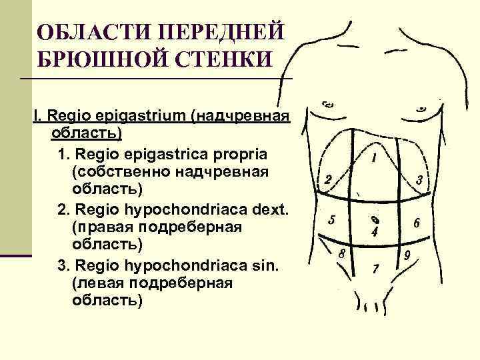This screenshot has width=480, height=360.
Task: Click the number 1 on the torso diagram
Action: coord(375,159)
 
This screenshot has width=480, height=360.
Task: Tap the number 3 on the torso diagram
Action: coord(419,179)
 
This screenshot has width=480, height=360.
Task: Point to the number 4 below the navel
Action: coord(375,233)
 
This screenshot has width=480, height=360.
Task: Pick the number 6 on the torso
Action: coord(416,223)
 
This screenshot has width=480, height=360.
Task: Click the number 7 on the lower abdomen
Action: coord(376,269)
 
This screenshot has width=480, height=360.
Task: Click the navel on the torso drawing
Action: coord(375,219)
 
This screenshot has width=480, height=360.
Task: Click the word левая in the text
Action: coord(94,283)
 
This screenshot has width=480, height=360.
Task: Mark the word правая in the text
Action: coord(99,227)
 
